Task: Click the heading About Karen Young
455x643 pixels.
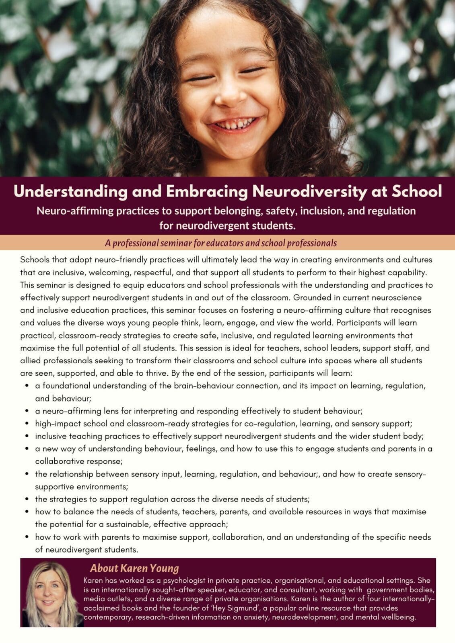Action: (134, 568)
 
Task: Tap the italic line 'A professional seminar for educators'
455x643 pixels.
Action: (220, 243)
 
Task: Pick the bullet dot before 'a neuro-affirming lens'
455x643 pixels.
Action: (27, 412)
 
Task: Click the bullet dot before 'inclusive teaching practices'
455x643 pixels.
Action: (27, 436)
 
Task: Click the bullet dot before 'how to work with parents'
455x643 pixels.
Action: (27, 537)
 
